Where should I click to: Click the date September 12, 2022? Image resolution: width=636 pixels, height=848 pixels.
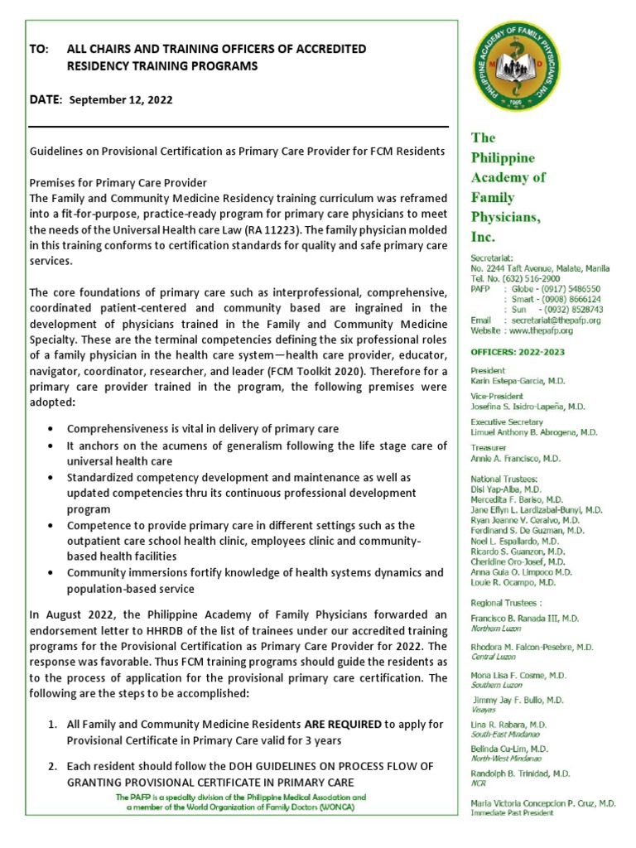click(x=121, y=99)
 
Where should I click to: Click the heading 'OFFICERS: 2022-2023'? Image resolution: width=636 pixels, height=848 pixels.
click(x=518, y=352)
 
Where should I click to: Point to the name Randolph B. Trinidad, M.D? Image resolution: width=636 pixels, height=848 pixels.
click(x=520, y=773)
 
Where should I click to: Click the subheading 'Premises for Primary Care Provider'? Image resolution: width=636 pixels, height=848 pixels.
click(x=118, y=182)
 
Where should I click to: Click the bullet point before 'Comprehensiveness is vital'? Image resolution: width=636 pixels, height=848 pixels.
click(x=52, y=429)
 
